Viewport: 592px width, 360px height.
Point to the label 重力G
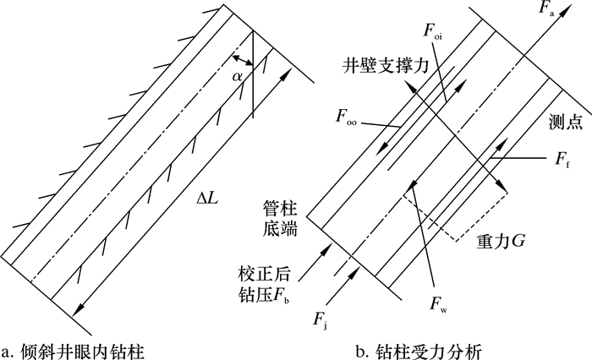coord(502,241)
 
